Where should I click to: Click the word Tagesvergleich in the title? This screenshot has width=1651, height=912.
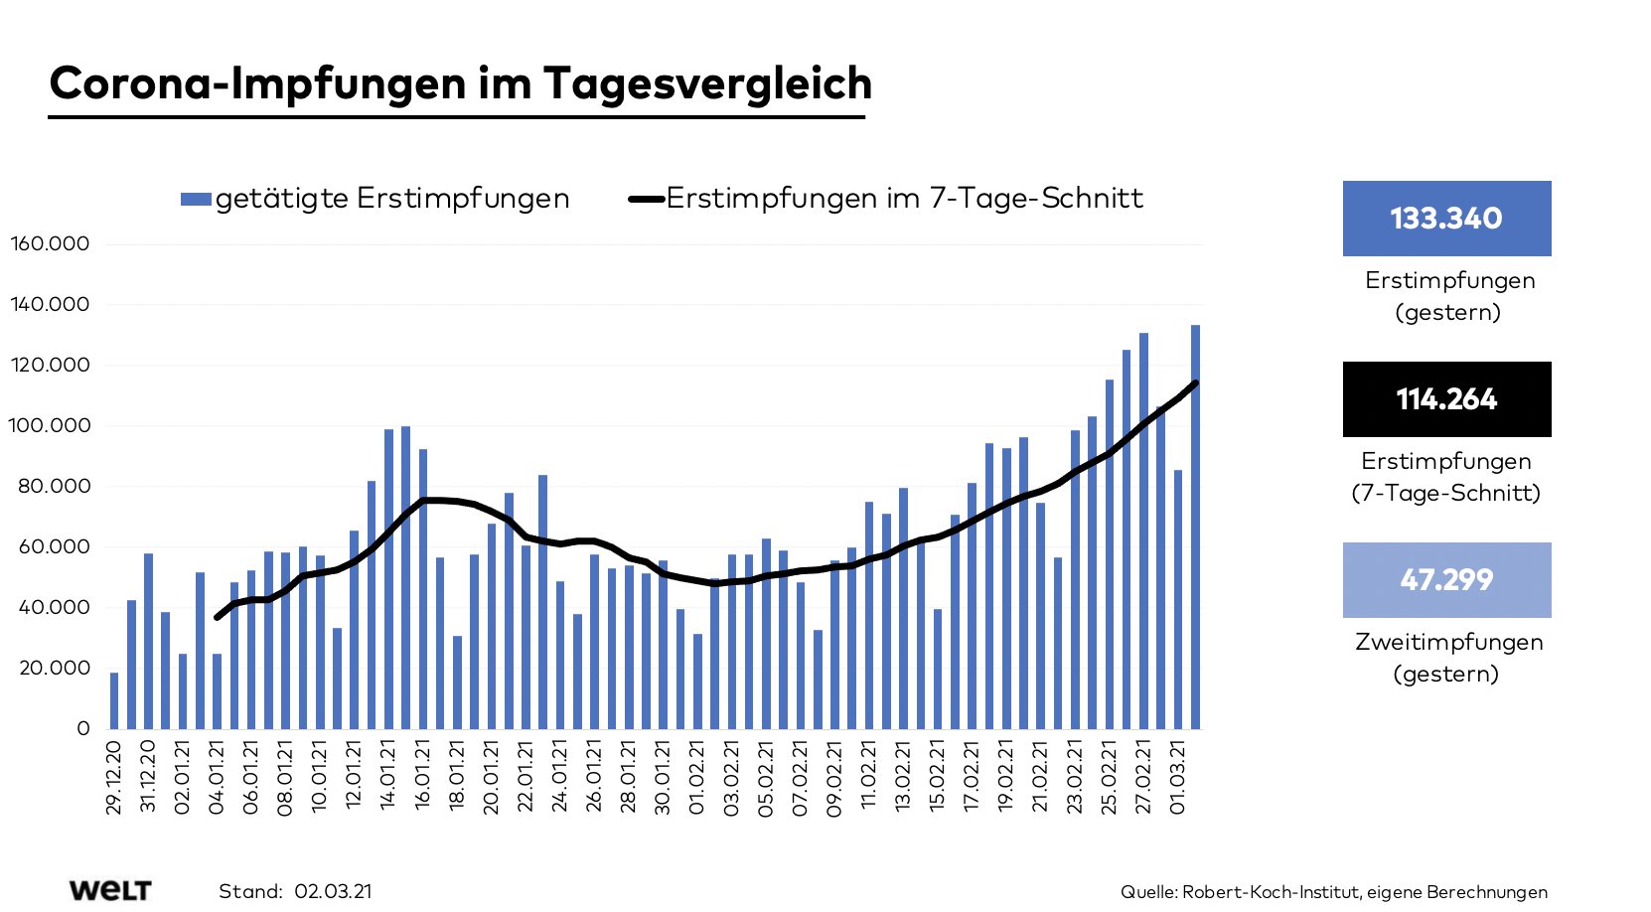pyautogui.click(x=707, y=83)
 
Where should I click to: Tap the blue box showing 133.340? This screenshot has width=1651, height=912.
pyautogui.click(x=1446, y=219)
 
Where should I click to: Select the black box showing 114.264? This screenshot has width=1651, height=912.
pyautogui.click(x=1446, y=399)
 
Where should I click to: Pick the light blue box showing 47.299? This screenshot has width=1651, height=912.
pyautogui.click(x=1446, y=580)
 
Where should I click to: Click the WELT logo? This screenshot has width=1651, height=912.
pyautogui.click(x=110, y=890)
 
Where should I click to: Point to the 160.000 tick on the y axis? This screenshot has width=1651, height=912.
pyautogui.click(x=50, y=244)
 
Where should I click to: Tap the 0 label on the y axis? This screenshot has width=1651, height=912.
pyautogui.click(x=83, y=728)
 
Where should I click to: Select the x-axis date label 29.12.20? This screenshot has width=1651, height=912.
pyautogui.click(x=114, y=777)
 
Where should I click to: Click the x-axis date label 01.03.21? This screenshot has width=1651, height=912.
pyautogui.click(x=1178, y=777)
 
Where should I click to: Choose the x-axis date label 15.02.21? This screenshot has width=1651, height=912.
pyautogui.click(x=938, y=777)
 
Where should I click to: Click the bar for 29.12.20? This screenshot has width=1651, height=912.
pyautogui.click(x=114, y=701)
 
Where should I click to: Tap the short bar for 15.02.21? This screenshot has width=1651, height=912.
pyautogui.click(x=937, y=669)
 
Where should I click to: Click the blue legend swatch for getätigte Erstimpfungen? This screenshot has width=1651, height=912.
pyautogui.click(x=196, y=200)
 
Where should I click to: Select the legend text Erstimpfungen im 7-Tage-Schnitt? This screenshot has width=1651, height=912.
pyautogui.click(x=904, y=199)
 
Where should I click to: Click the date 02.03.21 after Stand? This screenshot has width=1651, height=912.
pyautogui.click(x=333, y=891)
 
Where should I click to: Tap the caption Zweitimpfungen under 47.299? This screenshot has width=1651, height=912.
pyautogui.click(x=1448, y=643)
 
